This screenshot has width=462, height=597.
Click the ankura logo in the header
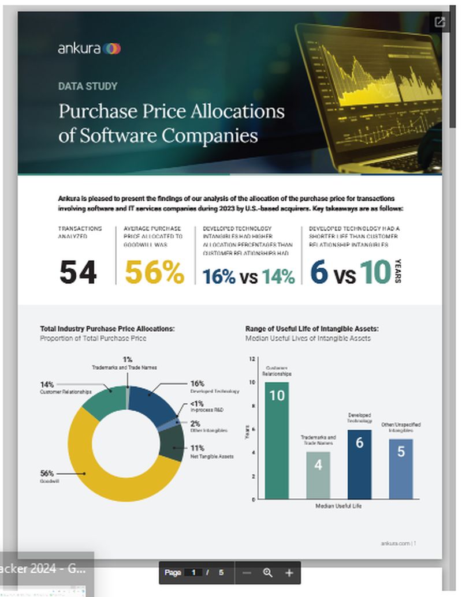pos(89,48)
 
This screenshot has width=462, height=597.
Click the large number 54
pos(78,272)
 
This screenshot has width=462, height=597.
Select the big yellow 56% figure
pos(154,272)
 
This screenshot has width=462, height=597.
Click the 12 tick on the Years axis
pos(252,358)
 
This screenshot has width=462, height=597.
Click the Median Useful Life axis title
pos(338,506)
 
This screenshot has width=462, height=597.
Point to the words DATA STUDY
pos(88,87)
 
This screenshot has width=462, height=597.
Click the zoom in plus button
pos(289,573)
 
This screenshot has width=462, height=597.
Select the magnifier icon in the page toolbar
pos(267,573)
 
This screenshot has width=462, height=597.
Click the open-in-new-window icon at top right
pos(440,22)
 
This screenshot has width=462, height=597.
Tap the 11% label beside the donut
pos(197,448)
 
